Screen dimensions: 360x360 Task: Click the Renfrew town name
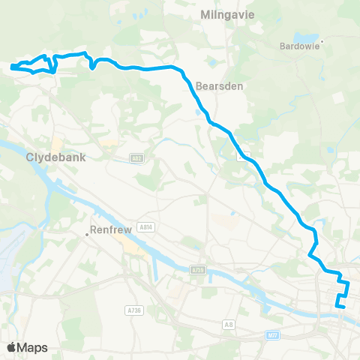[111, 230]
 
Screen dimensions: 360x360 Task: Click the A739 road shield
[197, 268]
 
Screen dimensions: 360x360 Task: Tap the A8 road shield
[228, 304]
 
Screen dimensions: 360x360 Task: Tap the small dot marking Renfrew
[87, 235]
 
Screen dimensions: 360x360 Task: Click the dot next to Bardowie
[322, 41]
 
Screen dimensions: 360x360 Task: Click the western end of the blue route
[13, 68]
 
